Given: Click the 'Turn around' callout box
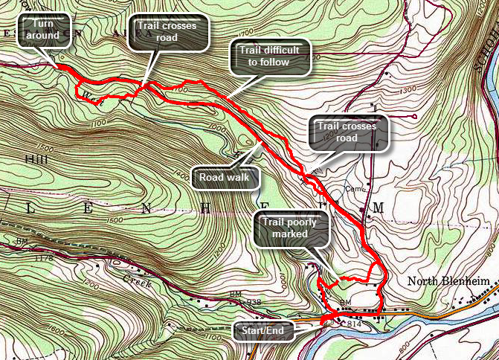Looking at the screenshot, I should pyautogui.click(x=44, y=30).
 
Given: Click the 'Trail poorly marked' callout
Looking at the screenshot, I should pyautogui.click(x=292, y=229).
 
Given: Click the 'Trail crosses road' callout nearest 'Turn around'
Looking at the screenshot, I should pyautogui.click(x=168, y=33).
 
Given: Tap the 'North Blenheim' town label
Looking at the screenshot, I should pyautogui.click(x=444, y=282).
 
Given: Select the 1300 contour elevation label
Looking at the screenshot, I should pyautogui.click(x=408, y=90).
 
